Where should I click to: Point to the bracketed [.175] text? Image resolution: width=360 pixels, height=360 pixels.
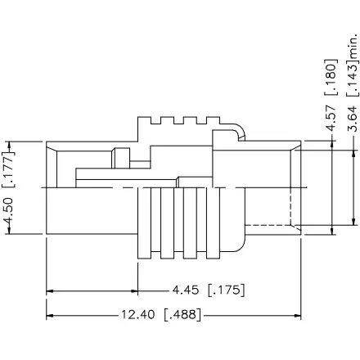coord(227,290)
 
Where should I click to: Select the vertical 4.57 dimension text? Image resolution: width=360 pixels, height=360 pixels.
coord(331,117)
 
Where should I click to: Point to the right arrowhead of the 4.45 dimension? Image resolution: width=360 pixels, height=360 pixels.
coord(133,290)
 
